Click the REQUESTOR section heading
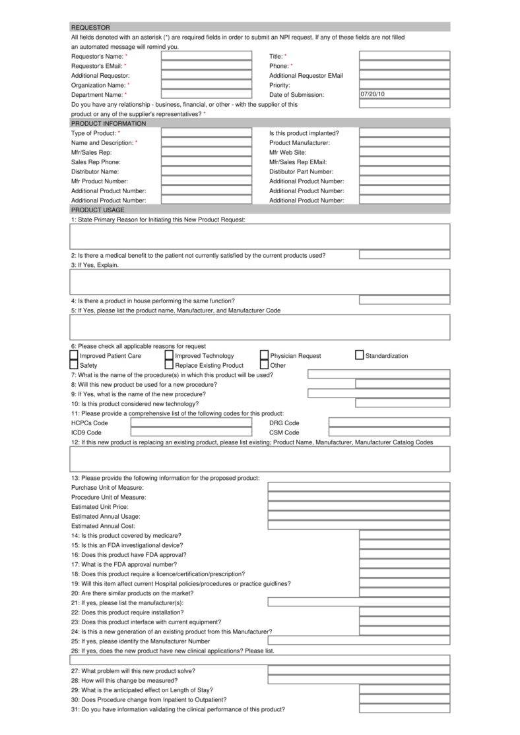point(90,27)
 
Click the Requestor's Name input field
point(207,56)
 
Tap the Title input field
point(404,57)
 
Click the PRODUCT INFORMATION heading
point(108,123)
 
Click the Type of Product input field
point(207,133)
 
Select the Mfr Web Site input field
point(404,152)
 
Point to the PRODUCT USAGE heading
point(98,210)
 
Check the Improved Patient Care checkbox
point(73,355)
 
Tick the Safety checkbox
point(73,365)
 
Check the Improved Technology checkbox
point(169,355)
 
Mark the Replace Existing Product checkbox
point(169,365)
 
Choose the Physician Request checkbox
point(264,355)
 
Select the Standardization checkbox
point(360,355)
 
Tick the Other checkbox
point(264,365)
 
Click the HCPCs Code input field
point(191,423)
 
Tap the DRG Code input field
point(389,423)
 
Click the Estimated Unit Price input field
point(358,506)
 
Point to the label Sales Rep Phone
point(96,162)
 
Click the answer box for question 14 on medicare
point(404,535)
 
